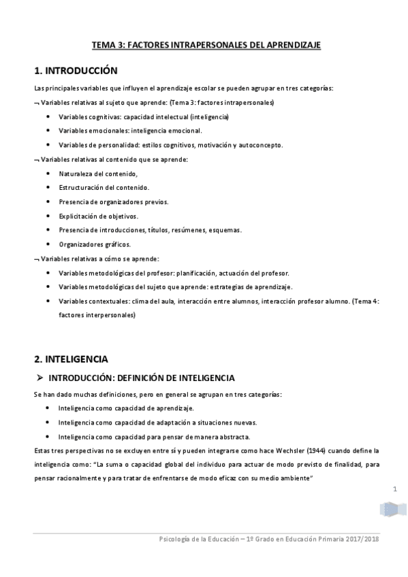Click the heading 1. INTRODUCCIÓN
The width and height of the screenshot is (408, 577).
click(76, 71)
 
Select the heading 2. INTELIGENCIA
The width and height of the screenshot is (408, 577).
click(71, 359)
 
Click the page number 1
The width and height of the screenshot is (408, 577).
click(395, 489)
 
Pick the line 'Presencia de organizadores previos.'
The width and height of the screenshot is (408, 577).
click(113, 202)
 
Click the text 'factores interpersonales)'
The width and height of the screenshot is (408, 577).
click(97, 315)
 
